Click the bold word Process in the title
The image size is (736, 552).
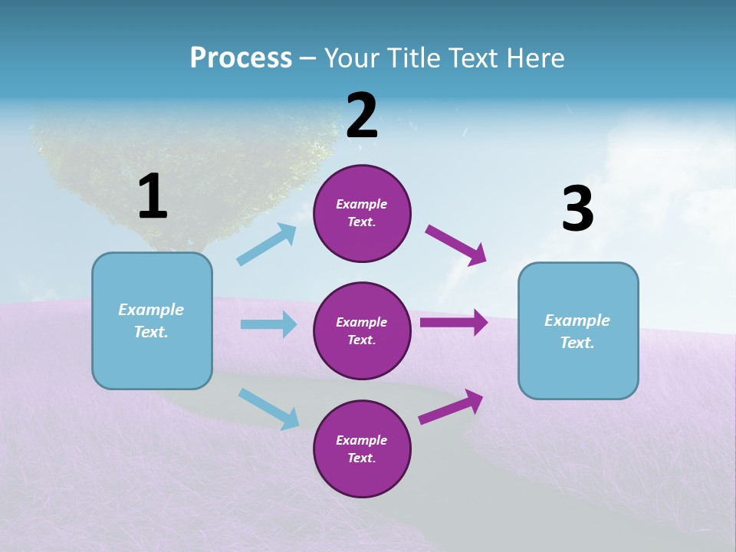241,58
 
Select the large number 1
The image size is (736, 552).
153,196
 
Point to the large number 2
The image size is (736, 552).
362,116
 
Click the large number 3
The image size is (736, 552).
577,209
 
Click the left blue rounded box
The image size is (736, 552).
152,320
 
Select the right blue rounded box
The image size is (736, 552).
578,330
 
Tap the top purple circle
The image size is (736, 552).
362,213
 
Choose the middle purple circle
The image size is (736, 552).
362,330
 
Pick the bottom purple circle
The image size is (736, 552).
362,449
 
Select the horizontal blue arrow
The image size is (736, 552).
268,324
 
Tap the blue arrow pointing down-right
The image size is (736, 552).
268,409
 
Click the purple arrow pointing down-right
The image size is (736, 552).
456,245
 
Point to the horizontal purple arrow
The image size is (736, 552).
454,323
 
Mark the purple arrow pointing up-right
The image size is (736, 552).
451,407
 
